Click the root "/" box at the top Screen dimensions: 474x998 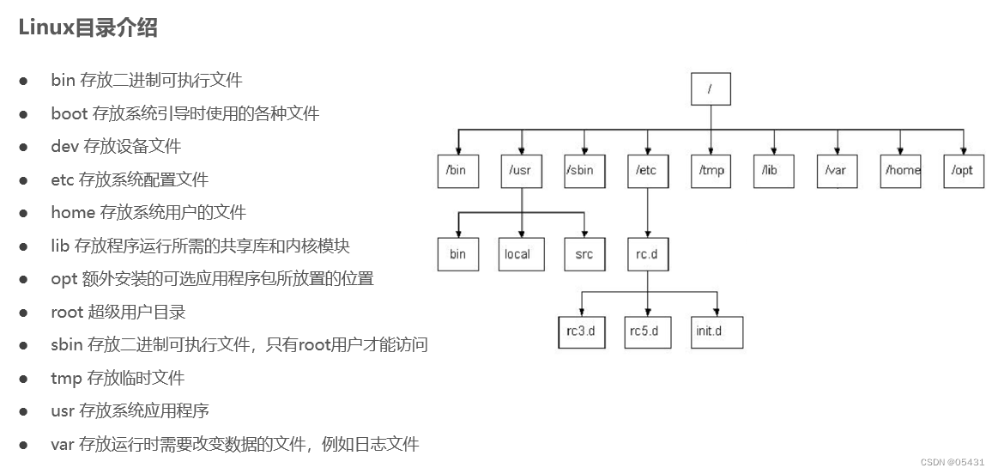[x=711, y=88]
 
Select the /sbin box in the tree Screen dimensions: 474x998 [x=584, y=170]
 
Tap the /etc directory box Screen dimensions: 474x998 [x=648, y=170]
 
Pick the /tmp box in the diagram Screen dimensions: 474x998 [x=711, y=170]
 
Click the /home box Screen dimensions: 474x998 [x=901, y=170]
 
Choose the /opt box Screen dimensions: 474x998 [x=964, y=170]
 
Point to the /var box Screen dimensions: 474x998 [x=837, y=170]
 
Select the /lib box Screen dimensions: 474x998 [x=773, y=170]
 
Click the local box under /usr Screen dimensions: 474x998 [x=521, y=254]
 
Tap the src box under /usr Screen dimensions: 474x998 [x=584, y=254]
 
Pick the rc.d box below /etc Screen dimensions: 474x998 [x=648, y=254]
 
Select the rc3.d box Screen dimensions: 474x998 [x=583, y=331]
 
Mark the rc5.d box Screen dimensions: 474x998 [x=646, y=331]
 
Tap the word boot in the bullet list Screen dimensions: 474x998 [x=69, y=113]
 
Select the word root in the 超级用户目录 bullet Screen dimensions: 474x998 [x=67, y=312]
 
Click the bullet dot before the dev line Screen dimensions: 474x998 [x=24, y=147]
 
